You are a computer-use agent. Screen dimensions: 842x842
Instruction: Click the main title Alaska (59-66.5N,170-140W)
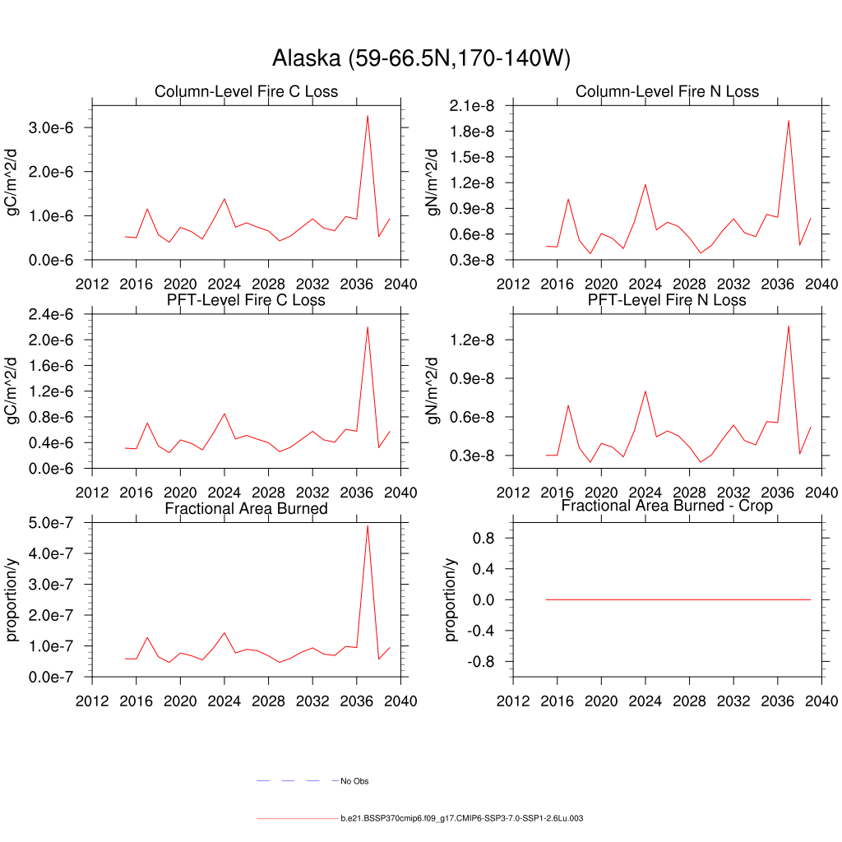(x=421, y=58)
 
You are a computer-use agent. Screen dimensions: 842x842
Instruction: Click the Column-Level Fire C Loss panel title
(x=246, y=91)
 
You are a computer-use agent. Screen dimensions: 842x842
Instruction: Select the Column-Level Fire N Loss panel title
(x=667, y=91)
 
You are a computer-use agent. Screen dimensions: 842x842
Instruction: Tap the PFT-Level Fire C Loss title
(x=246, y=300)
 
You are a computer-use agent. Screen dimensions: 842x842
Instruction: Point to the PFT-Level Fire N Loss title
(x=667, y=300)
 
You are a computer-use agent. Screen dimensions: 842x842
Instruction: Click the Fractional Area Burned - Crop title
(x=667, y=506)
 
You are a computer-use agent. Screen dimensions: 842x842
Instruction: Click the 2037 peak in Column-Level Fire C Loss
(x=367, y=115)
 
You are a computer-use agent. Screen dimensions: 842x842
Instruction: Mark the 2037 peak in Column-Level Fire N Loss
(x=789, y=120)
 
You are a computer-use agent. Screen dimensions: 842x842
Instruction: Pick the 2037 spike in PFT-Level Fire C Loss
(x=367, y=327)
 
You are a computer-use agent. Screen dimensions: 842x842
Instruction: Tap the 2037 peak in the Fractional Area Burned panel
(x=367, y=525)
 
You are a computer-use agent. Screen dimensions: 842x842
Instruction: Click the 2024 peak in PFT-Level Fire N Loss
(x=645, y=391)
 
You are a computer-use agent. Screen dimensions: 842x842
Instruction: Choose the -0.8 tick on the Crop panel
(x=483, y=662)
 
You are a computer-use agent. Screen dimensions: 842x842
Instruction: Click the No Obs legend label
(x=354, y=781)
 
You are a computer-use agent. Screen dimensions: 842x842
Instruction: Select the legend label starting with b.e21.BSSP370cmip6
(x=461, y=819)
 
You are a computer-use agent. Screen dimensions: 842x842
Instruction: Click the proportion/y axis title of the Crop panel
(x=451, y=599)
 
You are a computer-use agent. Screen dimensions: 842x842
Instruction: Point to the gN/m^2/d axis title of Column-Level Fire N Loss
(x=433, y=183)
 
